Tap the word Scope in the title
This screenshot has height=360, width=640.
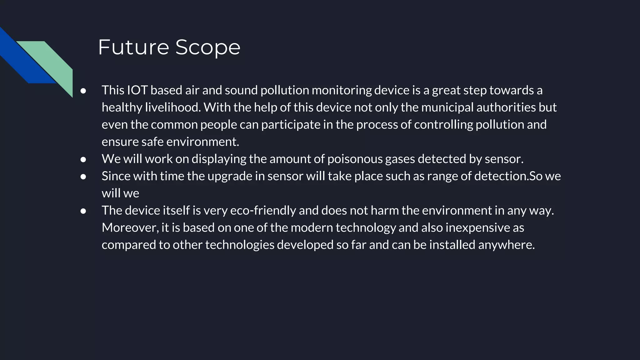(x=208, y=47)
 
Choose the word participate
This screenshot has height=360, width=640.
(x=291, y=125)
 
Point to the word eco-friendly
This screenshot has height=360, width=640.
(x=263, y=211)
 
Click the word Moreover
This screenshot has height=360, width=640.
(x=130, y=228)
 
